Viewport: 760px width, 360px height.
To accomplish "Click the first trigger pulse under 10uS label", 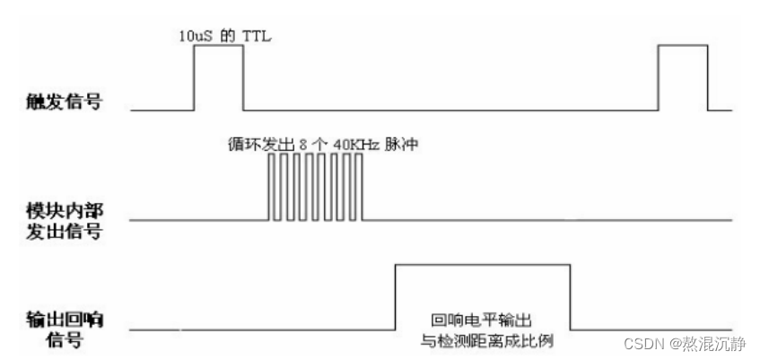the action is click(218, 77).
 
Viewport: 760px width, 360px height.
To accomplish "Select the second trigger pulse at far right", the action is click(683, 77).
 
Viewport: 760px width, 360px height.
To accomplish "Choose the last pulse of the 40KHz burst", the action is click(360, 186).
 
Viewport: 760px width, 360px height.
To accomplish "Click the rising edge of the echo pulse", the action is click(396, 297).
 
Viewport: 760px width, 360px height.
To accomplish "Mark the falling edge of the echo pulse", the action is click(570, 297).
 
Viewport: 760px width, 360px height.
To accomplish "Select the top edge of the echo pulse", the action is click(483, 264).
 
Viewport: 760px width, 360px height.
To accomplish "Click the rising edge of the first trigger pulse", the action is click(195, 77).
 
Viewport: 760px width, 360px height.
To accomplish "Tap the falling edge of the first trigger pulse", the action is click(243, 77).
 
